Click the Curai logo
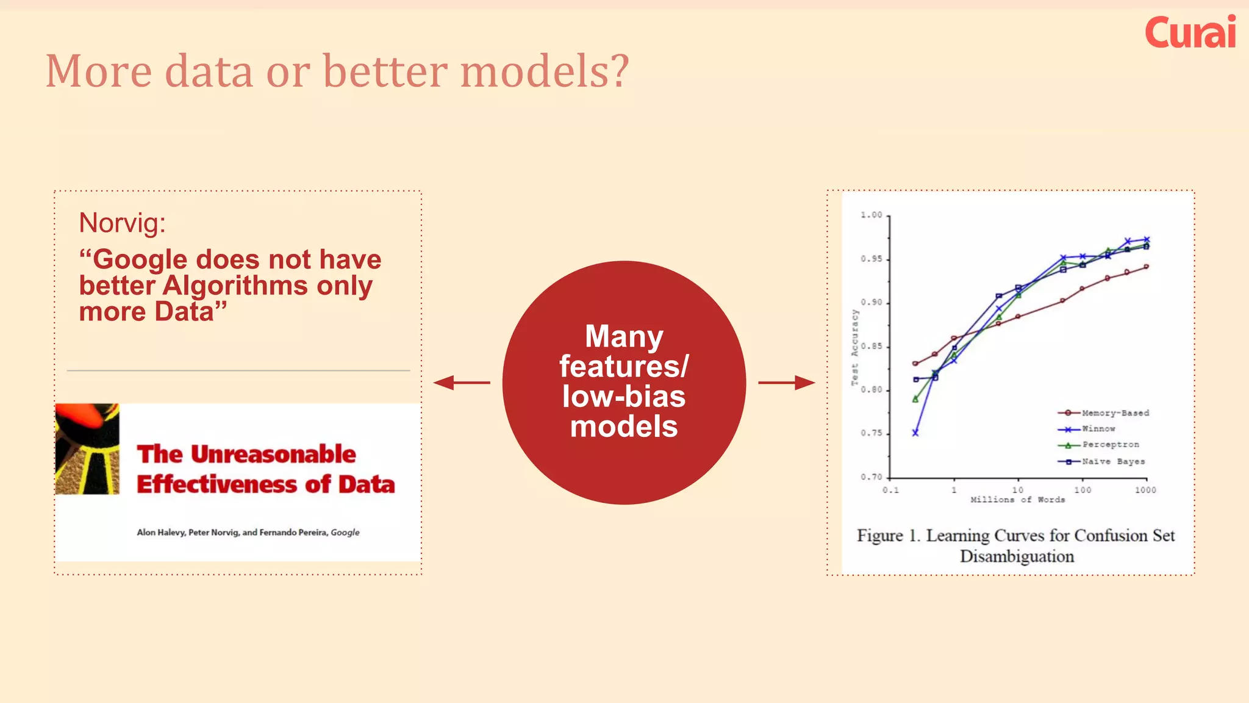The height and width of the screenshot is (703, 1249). (1190, 32)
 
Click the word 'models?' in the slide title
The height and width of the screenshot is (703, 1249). (544, 71)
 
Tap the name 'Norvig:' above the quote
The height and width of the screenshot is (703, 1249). (122, 223)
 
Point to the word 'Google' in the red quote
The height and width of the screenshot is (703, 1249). (140, 259)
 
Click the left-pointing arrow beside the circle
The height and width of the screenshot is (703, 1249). (461, 383)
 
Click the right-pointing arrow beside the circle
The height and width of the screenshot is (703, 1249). (787, 383)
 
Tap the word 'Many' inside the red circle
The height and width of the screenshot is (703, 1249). (624, 336)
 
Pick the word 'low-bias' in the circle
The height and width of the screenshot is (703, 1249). (624, 397)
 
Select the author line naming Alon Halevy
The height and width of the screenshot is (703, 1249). (248, 532)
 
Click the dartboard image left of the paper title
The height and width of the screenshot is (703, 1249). (87, 449)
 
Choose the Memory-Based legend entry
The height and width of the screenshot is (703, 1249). (1104, 413)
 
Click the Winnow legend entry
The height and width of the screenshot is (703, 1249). (1089, 429)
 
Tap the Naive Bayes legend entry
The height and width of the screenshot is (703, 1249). (1103, 461)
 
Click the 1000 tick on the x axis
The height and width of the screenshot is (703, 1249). (1145, 490)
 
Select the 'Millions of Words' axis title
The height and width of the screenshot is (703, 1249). (1017, 500)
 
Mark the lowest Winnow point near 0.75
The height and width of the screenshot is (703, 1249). (915, 433)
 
